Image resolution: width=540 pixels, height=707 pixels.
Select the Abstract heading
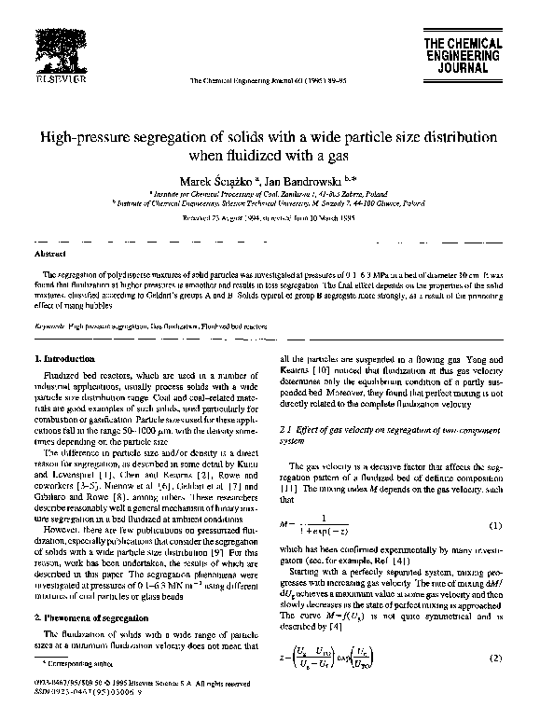point(48,253)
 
